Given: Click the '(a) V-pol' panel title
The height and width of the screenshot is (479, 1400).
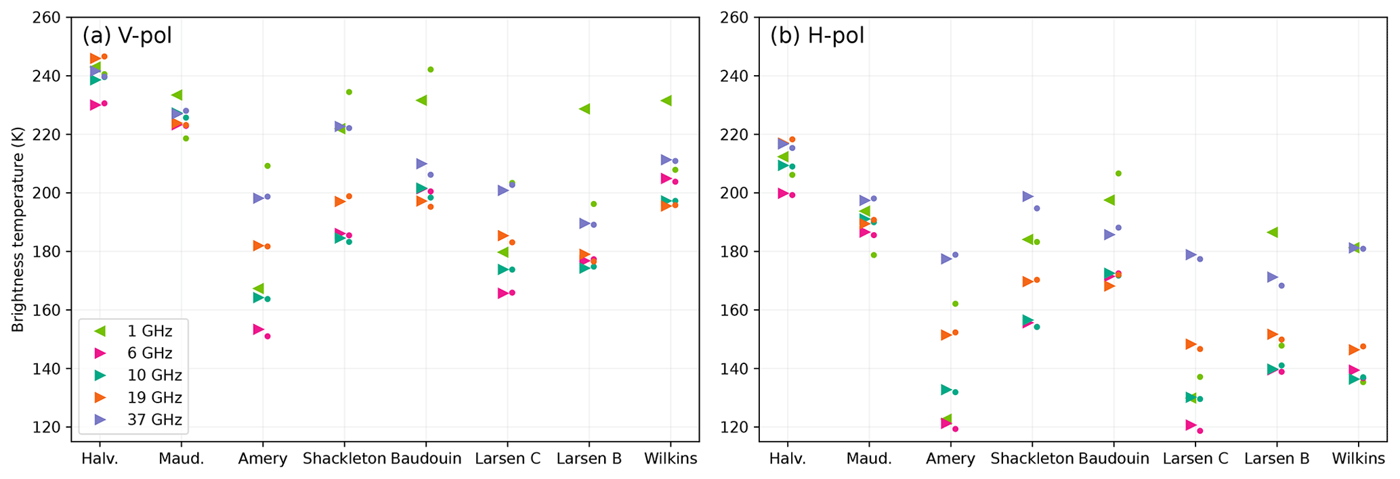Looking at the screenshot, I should [127, 35].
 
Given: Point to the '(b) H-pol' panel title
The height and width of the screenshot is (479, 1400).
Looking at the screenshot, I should [817, 35].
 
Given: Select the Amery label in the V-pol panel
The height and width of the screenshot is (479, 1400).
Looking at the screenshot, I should [263, 459].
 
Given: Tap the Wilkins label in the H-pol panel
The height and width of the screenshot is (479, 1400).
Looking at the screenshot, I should [1358, 459].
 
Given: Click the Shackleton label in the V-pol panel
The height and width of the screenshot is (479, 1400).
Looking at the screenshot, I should [344, 459].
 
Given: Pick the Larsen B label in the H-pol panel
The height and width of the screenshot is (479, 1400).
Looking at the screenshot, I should [1277, 459].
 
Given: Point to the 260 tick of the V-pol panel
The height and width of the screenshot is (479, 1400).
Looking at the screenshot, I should [48, 17].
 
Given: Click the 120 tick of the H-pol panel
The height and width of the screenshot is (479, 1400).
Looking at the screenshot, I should [736, 428].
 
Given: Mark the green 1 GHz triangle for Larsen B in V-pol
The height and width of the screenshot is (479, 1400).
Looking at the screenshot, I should [584, 109].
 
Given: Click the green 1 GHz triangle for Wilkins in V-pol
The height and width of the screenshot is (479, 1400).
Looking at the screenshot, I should [666, 101].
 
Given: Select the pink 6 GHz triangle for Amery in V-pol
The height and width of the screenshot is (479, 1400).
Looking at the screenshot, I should [258, 329].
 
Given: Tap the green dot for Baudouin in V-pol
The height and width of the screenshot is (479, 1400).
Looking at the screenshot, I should [431, 70].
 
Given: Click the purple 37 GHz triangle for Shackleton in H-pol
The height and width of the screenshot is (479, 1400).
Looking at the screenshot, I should [1027, 197].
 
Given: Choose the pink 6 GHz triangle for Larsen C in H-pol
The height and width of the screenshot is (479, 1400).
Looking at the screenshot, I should [1191, 426].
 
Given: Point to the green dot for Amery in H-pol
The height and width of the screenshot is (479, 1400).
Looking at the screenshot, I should [955, 304].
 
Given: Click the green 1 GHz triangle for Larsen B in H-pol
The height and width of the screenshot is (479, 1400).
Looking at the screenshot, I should [1272, 233].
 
